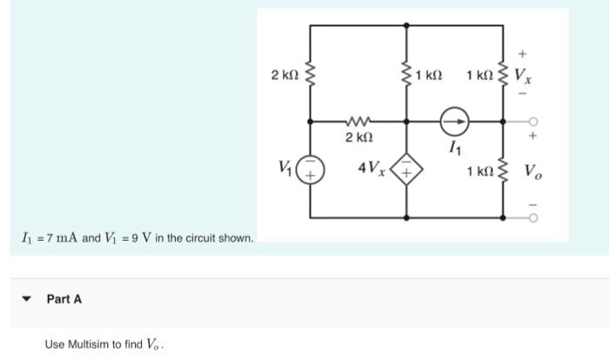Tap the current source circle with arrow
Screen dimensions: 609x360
coord(455,120)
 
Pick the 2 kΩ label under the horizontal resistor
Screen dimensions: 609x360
coord(358,138)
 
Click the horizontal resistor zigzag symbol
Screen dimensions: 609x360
coord(358,120)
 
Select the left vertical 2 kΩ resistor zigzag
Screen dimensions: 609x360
coord(311,74)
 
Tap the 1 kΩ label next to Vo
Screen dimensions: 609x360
coord(480,171)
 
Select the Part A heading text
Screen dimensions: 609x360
coord(64,299)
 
